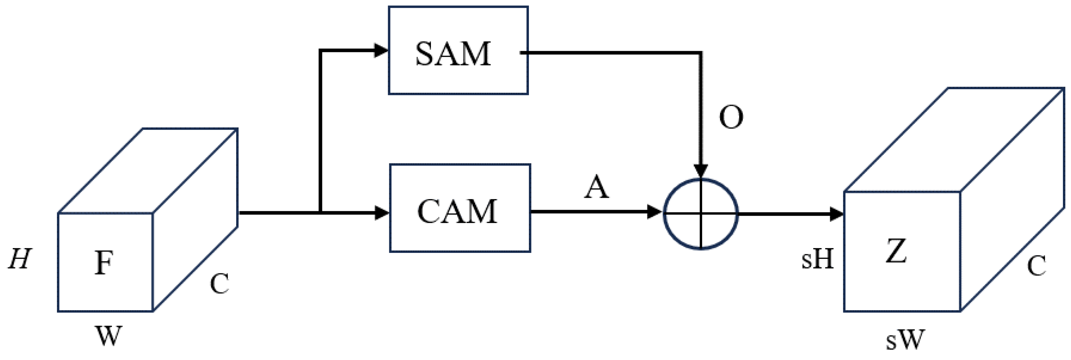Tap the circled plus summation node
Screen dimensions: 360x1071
(x=701, y=214)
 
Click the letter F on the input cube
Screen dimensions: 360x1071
(x=103, y=263)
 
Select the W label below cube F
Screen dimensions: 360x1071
(x=109, y=336)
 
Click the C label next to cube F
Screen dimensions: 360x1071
(x=219, y=284)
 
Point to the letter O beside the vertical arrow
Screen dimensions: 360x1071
(x=731, y=118)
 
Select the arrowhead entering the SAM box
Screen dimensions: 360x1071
(x=381, y=51)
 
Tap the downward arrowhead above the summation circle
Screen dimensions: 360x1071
(x=701, y=171)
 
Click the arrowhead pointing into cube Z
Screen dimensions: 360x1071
(x=836, y=215)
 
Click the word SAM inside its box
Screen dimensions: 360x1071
(x=453, y=54)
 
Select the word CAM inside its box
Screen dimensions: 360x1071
(x=457, y=212)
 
